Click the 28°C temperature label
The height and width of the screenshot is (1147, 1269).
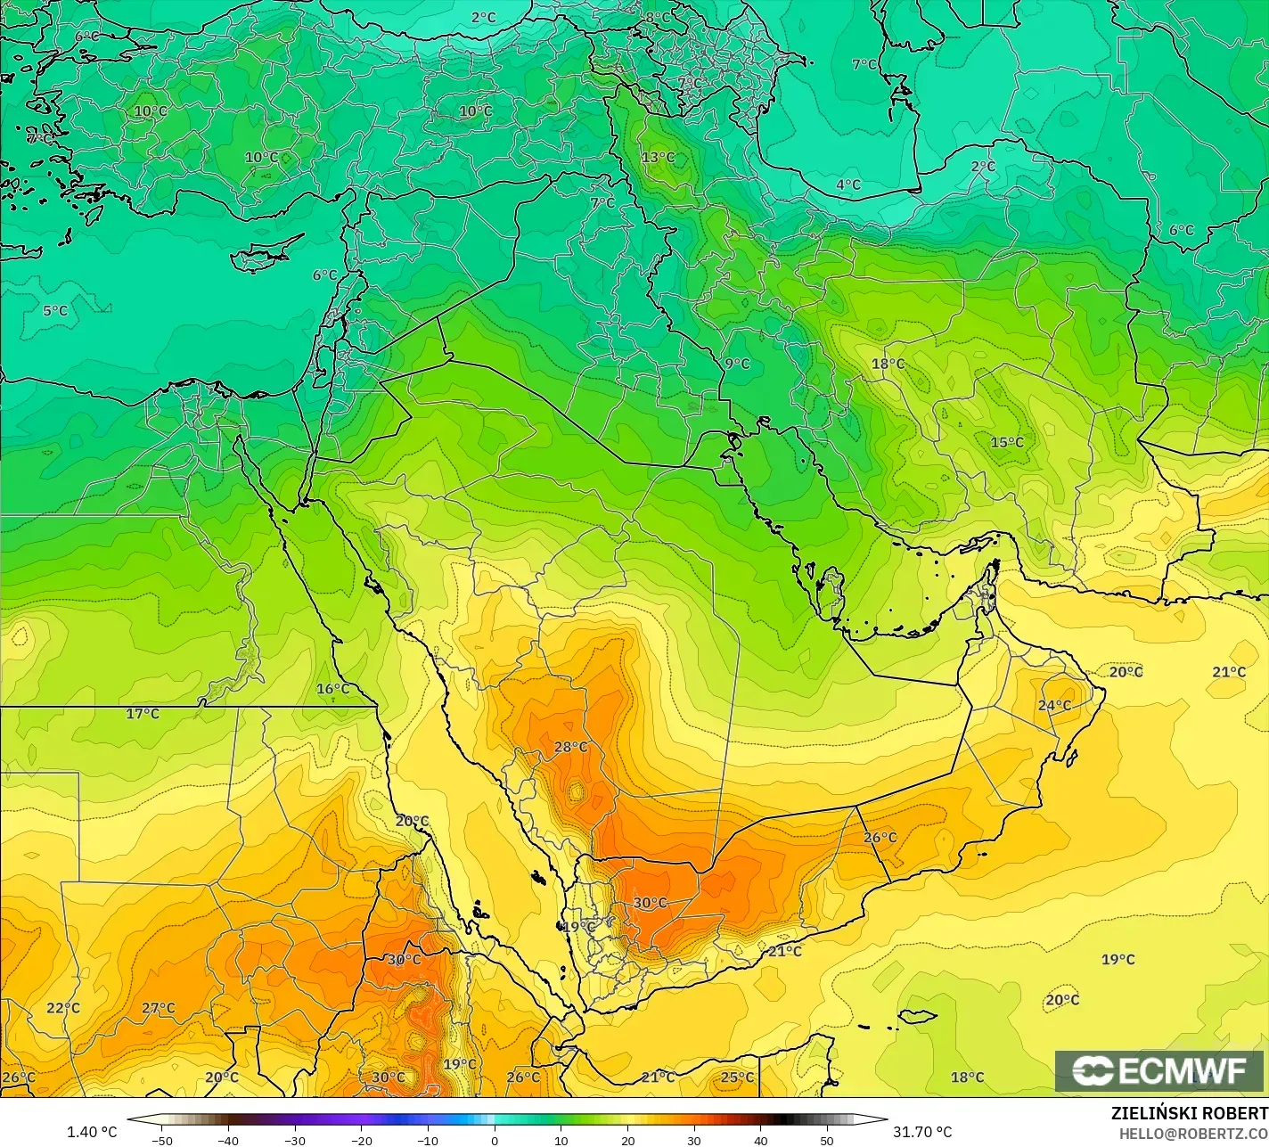point(571,747)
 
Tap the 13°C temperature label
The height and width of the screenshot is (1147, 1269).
point(659,158)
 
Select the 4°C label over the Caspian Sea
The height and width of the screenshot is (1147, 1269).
point(848,184)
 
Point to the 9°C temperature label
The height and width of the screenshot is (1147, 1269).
point(737,364)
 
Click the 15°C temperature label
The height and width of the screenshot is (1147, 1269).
point(1007,442)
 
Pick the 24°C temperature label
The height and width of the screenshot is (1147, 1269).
point(1054,705)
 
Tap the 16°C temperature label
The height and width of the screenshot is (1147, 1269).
point(332,689)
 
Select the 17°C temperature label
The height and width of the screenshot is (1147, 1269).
point(143,714)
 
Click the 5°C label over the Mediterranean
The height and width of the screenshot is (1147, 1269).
point(55,311)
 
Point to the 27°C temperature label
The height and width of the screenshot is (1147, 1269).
point(159,1008)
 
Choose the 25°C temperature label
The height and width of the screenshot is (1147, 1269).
point(737,1077)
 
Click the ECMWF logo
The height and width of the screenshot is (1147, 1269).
point(1159,1071)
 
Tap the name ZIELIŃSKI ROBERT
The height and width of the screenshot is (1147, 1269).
point(1189,1113)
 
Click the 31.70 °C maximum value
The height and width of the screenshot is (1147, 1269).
point(922,1132)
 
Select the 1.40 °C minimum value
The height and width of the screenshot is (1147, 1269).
point(92,1132)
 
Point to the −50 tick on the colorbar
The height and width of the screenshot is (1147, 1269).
point(161,1140)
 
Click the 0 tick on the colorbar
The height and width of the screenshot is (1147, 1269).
point(495,1140)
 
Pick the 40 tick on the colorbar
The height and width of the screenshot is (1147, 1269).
point(760,1140)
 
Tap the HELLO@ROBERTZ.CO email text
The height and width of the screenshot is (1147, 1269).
point(1194,1133)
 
